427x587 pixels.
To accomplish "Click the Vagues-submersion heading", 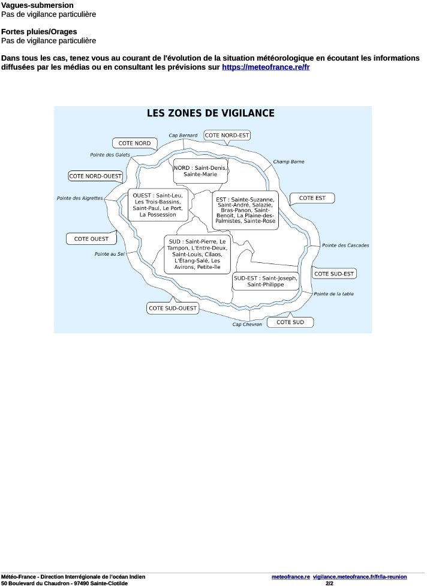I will (37, 5).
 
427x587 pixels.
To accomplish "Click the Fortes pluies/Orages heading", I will (39, 31).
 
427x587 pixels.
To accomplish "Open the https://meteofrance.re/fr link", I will (266, 67).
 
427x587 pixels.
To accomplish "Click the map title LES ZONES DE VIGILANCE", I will (211, 113).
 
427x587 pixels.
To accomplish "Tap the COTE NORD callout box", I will (134, 143).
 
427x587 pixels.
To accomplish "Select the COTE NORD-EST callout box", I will (227, 135).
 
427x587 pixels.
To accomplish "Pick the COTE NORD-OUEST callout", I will (95, 176).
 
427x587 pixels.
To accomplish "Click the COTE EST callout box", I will (312, 197).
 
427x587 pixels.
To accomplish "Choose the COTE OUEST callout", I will (91, 238).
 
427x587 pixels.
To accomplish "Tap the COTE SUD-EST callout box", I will (335, 273).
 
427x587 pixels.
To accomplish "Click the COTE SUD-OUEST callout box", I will (172, 308).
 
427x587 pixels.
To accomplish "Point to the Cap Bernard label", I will (183, 136).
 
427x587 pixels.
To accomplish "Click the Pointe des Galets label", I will (110, 155).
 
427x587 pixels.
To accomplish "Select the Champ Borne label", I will (288, 161).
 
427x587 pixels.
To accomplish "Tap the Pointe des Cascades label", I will (345, 245).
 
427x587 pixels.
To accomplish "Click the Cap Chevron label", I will (247, 324).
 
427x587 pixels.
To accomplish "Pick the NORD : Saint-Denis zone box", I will (200, 170).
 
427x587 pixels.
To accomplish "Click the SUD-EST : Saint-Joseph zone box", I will (265, 281).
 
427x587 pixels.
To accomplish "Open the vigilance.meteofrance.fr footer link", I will (360, 576).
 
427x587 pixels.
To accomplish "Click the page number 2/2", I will (329, 583).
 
